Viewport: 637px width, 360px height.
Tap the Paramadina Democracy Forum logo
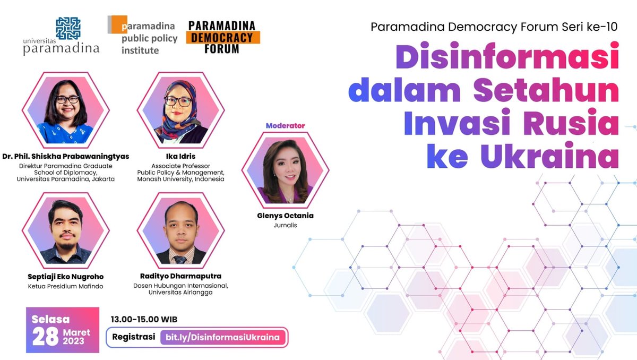pyautogui.click(x=222, y=37)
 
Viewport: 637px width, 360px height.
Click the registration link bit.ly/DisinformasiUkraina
pyautogui.click(x=222, y=337)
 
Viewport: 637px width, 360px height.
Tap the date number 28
pyautogui.click(x=45, y=337)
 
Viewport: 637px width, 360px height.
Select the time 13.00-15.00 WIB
pyautogui.click(x=143, y=320)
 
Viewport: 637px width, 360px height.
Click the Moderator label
pyautogui.click(x=286, y=126)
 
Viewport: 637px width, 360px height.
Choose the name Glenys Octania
pyautogui.click(x=285, y=216)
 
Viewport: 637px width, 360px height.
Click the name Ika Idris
pyautogui.click(x=180, y=156)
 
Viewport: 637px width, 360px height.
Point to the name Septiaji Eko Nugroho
pyautogui.click(x=66, y=277)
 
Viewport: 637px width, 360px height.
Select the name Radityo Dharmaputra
pyautogui.click(x=180, y=277)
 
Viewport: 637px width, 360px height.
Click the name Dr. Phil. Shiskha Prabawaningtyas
pyautogui.click(x=66, y=156)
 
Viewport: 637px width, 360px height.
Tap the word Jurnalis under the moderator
pyautogui.click(x=285, y=225)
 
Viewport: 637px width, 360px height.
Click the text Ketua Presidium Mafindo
pyautogui.click(x=66, y=287)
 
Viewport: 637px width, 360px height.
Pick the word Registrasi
pyautogui.click(x=134, y=337)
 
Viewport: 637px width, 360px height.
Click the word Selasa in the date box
pyautogui.click(x=51, y=320)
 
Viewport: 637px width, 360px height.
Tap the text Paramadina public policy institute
pyautogui.click(x=143, y=38)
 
